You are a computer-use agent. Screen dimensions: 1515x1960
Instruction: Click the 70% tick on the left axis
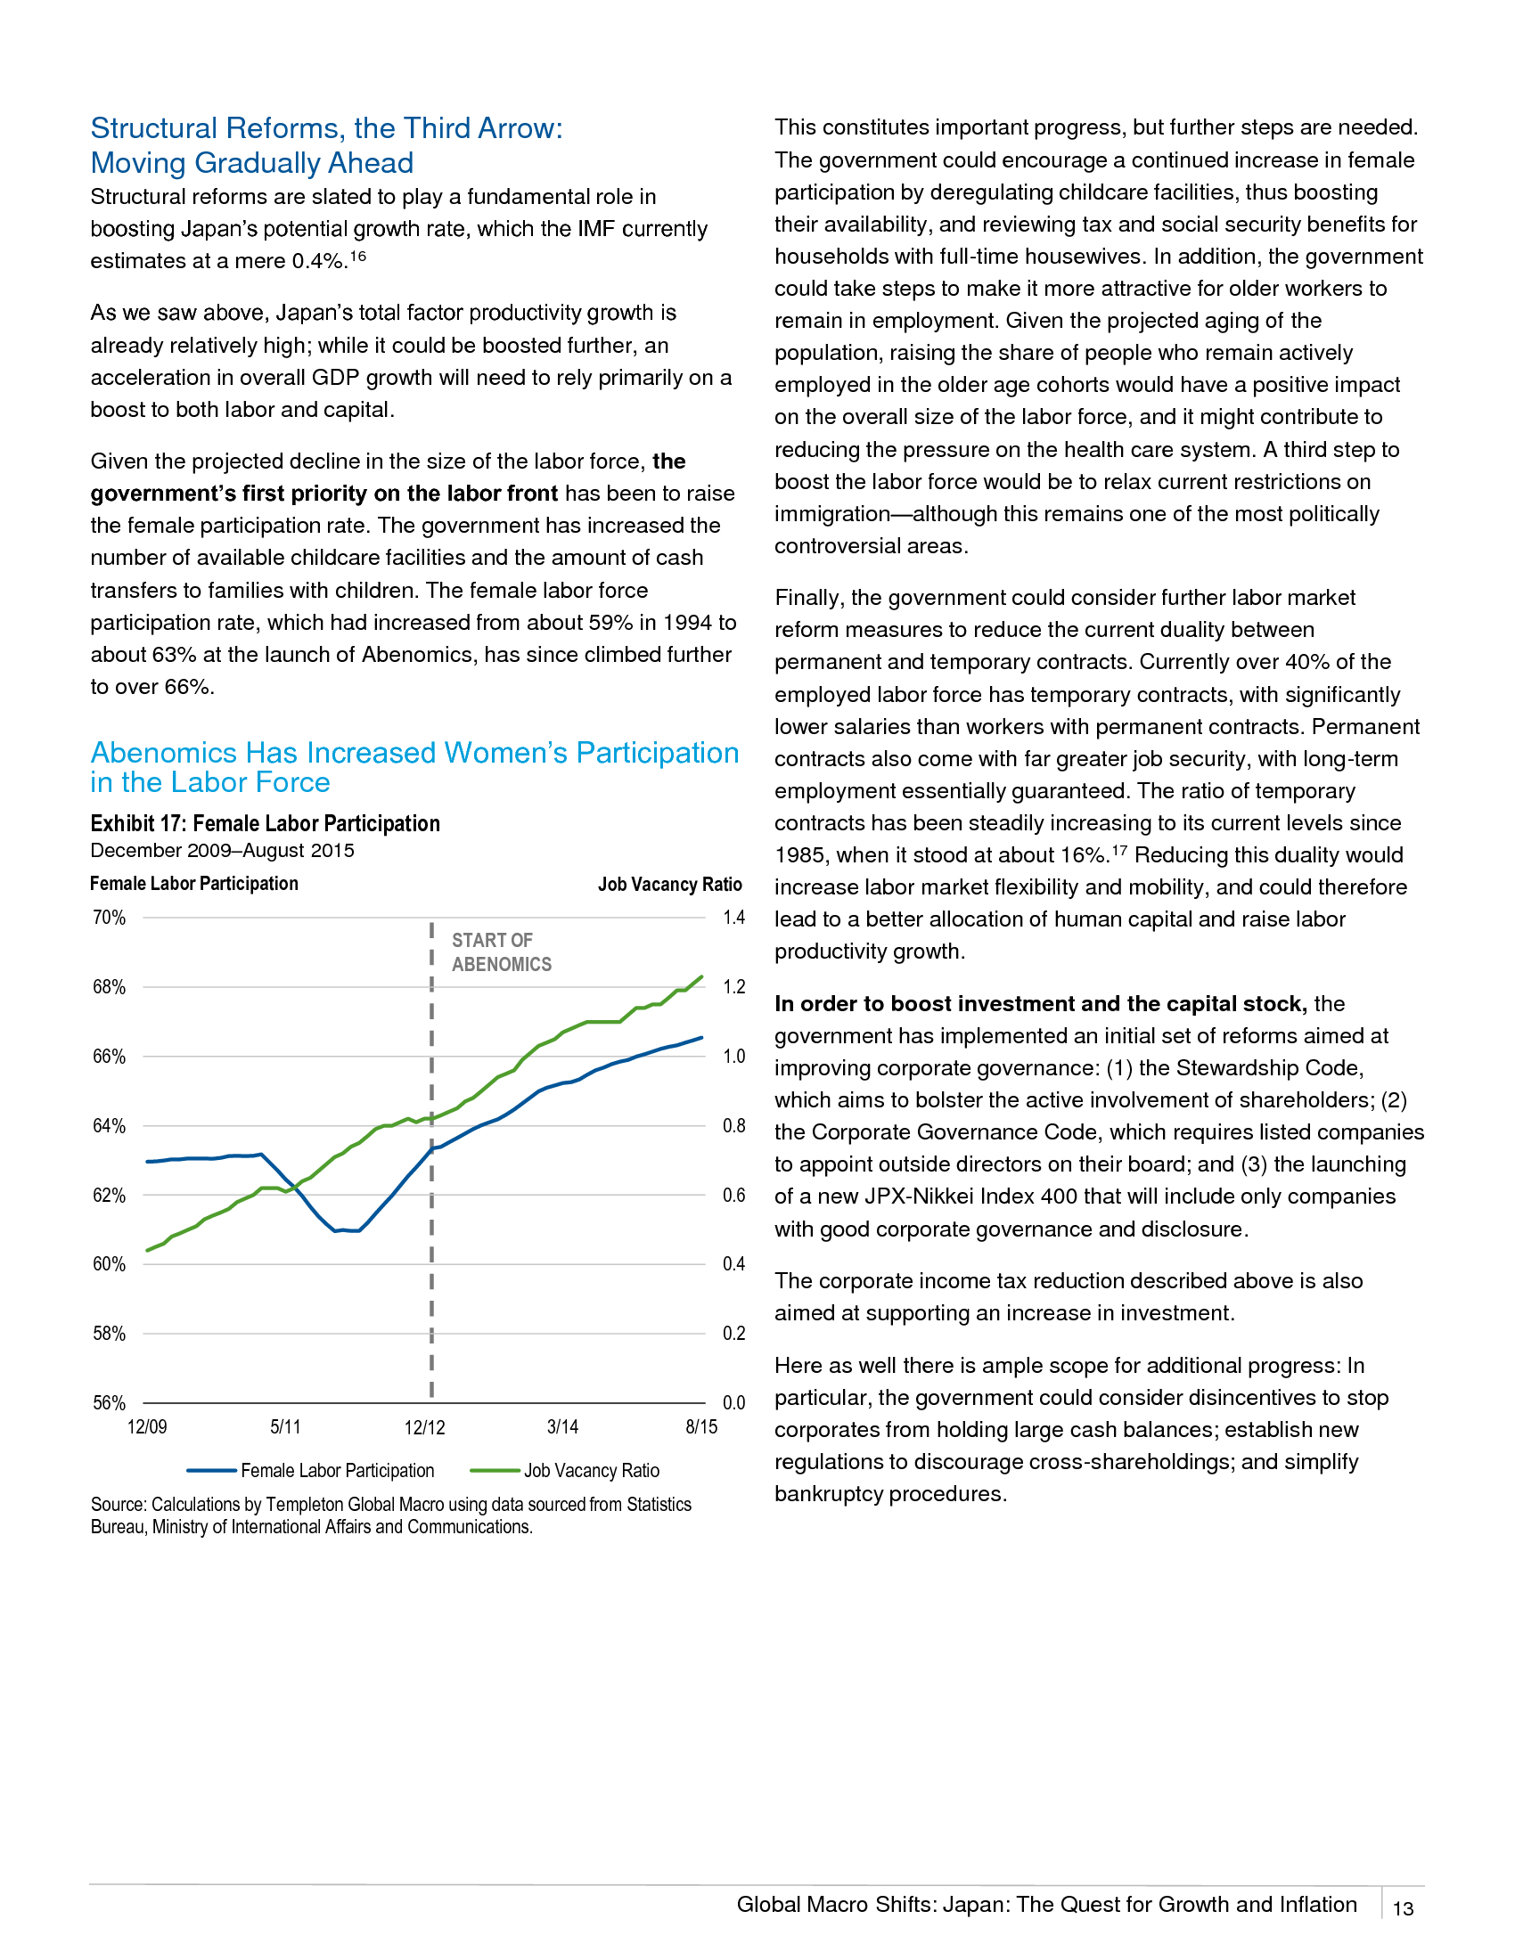tap(109, 917)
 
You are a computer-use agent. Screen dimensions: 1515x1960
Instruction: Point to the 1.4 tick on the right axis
tap(734, 917)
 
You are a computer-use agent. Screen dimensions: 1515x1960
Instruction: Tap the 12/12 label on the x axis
tap(424, 1427)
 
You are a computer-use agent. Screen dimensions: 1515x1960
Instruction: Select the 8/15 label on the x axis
tap(702, 1427)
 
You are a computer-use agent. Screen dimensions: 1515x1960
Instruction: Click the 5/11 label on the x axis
tap(285, 1427)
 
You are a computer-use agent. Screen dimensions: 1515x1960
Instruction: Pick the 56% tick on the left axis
tap(109, 1402)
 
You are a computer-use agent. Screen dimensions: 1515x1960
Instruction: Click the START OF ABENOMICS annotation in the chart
tap(502, 952)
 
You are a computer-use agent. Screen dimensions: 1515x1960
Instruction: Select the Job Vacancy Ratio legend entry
tap(565, 1471)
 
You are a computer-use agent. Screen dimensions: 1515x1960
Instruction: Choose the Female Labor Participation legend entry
tap(310, 1471)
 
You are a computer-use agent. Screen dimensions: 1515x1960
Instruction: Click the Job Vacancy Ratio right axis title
tap(670, 884)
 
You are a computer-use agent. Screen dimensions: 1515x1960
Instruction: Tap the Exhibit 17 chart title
tap(266, 823)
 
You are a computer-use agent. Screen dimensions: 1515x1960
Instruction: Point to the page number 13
tap(1403, 1909)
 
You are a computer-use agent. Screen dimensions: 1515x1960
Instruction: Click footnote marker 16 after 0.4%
tap(358, 256)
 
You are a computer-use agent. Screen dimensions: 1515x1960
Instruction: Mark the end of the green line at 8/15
tap(702, 976)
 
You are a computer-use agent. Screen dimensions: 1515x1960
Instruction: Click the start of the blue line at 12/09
tap(147, 1161)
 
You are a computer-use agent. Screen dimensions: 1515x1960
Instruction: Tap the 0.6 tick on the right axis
tap(734, 1195)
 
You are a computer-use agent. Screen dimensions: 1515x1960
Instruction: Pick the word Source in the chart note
tap(118, 1504)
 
